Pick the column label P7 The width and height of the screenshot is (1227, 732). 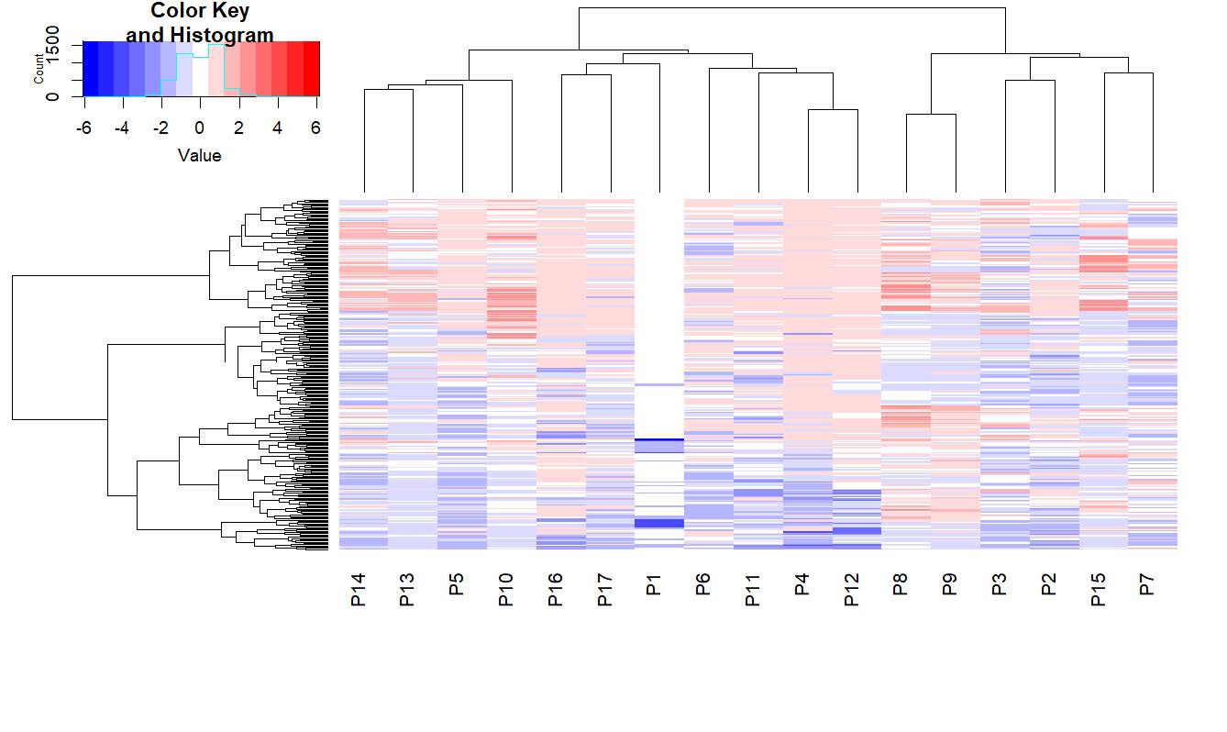coord(1146,583)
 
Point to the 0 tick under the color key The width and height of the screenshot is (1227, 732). coord(200,128)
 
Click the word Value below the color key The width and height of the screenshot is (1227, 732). coord(200,156)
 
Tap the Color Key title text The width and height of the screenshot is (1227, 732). coord(200,12)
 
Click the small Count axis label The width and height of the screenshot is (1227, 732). coord(39,69)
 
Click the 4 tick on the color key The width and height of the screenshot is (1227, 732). coord(279,128)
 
